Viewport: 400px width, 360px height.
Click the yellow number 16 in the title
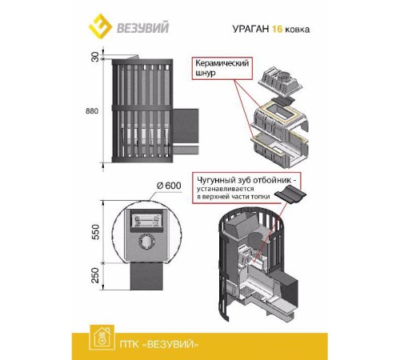[x=274, y=29]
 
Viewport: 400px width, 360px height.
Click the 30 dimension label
[x=95, y=58]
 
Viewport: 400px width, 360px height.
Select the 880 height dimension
[x=94, y=111]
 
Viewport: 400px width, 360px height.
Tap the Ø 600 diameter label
[x=170, y=186]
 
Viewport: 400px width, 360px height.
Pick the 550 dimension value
[x=94, y=232]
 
